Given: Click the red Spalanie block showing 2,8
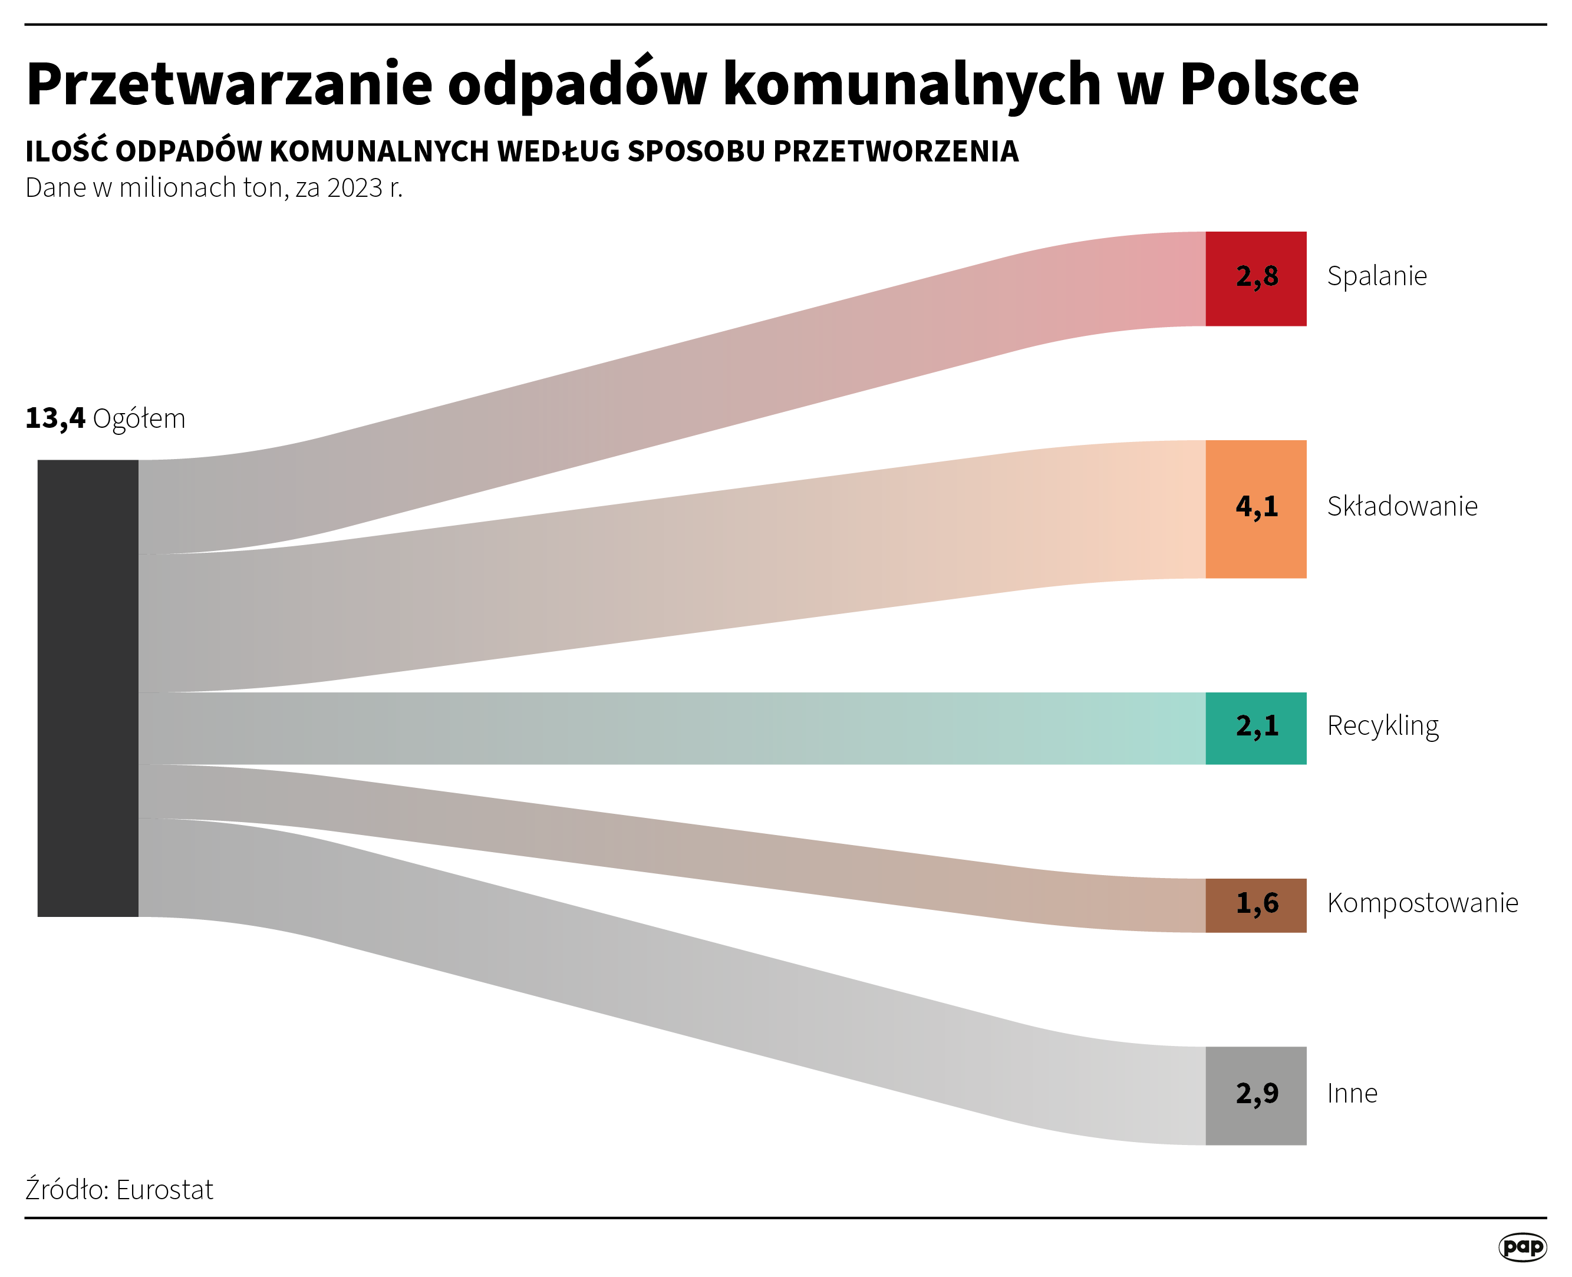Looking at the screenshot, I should [1255, 278].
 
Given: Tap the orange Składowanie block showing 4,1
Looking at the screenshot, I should [1255, 509].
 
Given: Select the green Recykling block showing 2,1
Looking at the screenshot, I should [1255, 728].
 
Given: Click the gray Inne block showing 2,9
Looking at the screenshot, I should [1255, 1095].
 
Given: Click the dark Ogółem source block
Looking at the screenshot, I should [88, 688].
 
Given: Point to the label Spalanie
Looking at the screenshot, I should [1376, 276].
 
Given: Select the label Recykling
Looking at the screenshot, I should [1382, 726].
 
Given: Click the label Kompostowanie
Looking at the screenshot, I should [1422, 903].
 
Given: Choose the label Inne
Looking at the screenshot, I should [1352, 1094].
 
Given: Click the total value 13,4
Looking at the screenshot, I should [55, 418].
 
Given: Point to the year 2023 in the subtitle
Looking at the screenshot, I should [355, 189].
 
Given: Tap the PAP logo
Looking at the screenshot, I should [1522, 1247].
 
